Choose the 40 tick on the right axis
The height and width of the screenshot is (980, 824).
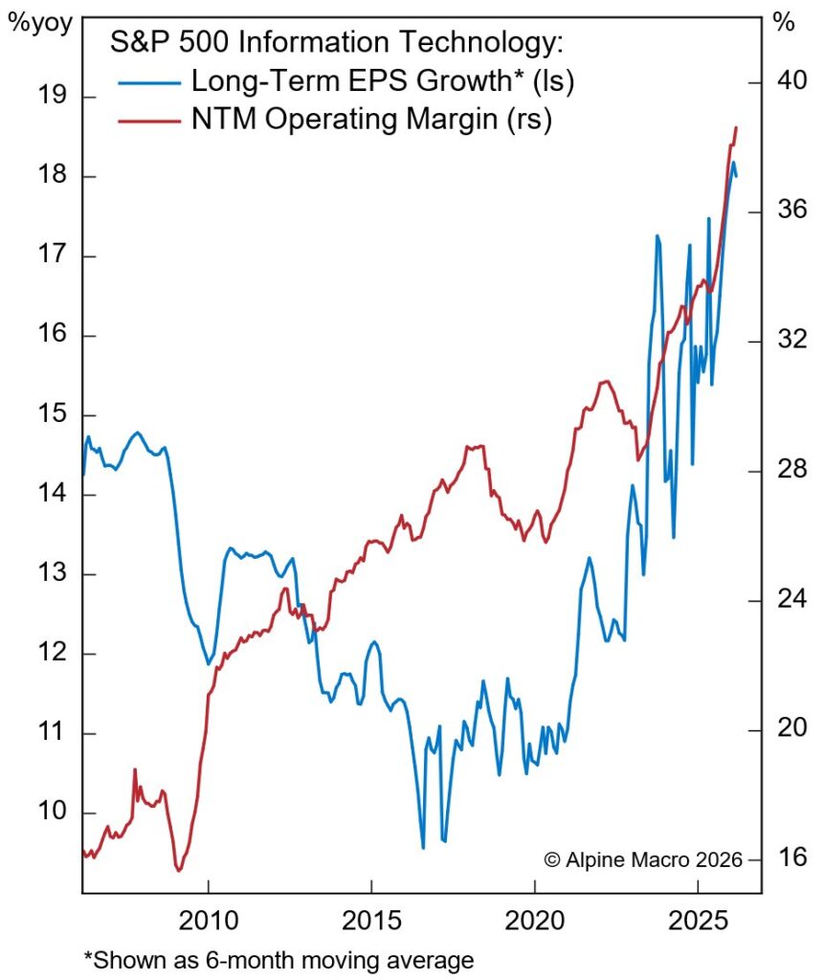click(x=787, y=82)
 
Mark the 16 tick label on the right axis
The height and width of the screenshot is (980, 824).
click(x=786, y=858)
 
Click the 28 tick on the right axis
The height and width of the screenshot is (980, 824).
click(x=786, y=471)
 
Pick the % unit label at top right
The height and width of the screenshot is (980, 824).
click(x=785, y=23)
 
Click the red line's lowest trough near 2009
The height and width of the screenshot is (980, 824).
click(x=178, y=870)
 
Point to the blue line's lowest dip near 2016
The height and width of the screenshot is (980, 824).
click(x=423, y=847)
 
